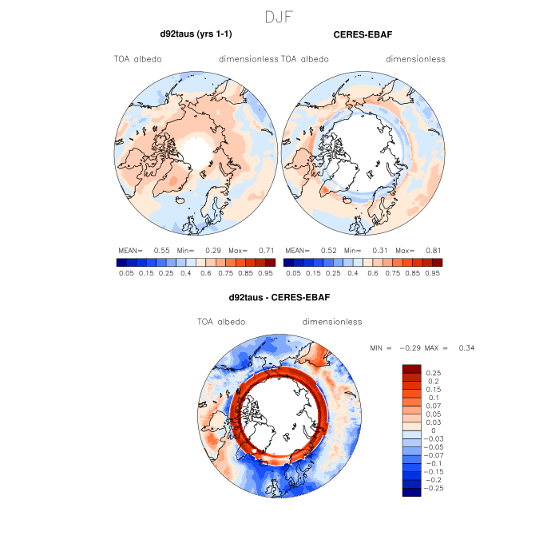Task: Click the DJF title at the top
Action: [279, 15]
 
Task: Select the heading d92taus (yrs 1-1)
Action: [196, 34]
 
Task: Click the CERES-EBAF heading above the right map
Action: [363, 34]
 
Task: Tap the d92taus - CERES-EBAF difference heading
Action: [279, 297]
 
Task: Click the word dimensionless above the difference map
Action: [332, 322]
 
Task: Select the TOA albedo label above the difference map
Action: [221, 322]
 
